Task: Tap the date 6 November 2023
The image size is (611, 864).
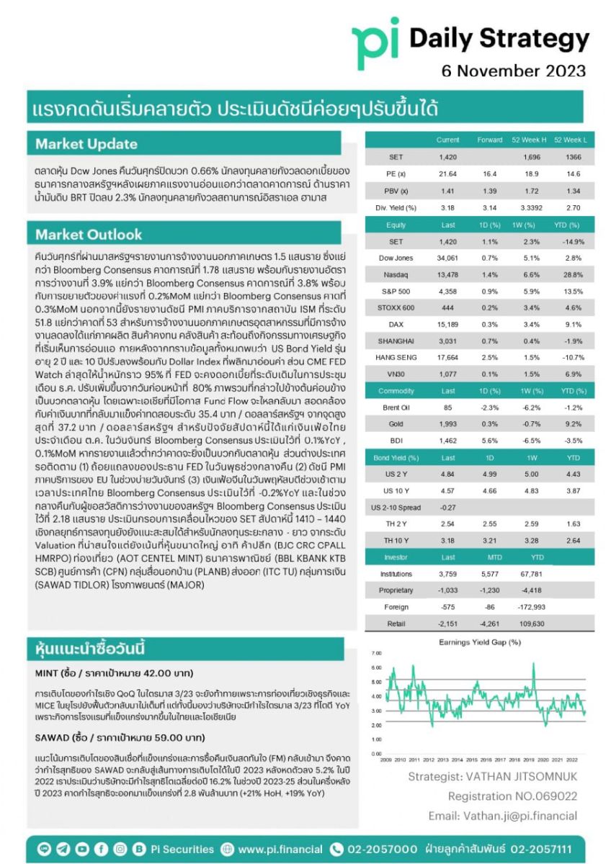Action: pyautogui.click(x=514, y=71)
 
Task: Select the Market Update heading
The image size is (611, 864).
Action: pyautogui.click(x=86, y=144)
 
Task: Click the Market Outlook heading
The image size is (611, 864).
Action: pyautogui.click(x=89, y=234)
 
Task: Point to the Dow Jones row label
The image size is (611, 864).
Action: pyautogui.click(x=396, y=258)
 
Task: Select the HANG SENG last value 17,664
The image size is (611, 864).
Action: pyautogui.click(x=448, y=357)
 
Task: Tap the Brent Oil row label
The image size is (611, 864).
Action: pyautogui.click(x=396, y=408)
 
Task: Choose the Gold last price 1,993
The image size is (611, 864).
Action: pyautogui.click(x=448, y=425)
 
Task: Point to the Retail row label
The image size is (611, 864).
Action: pyautogui.click(x=396, y=624)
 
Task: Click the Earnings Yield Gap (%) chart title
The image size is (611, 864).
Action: pyautogui.click(x=479, y=642)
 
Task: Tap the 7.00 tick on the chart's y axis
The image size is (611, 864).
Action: pyautogui.click(x=375, y=653)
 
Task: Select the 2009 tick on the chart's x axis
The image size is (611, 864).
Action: pyautogui.click(x=386, y=760)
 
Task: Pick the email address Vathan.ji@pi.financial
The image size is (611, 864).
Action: pyautogui.click(x=503, y=816)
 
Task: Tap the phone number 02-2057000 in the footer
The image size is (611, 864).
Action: pyautogui.click(x=382, y=850)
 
